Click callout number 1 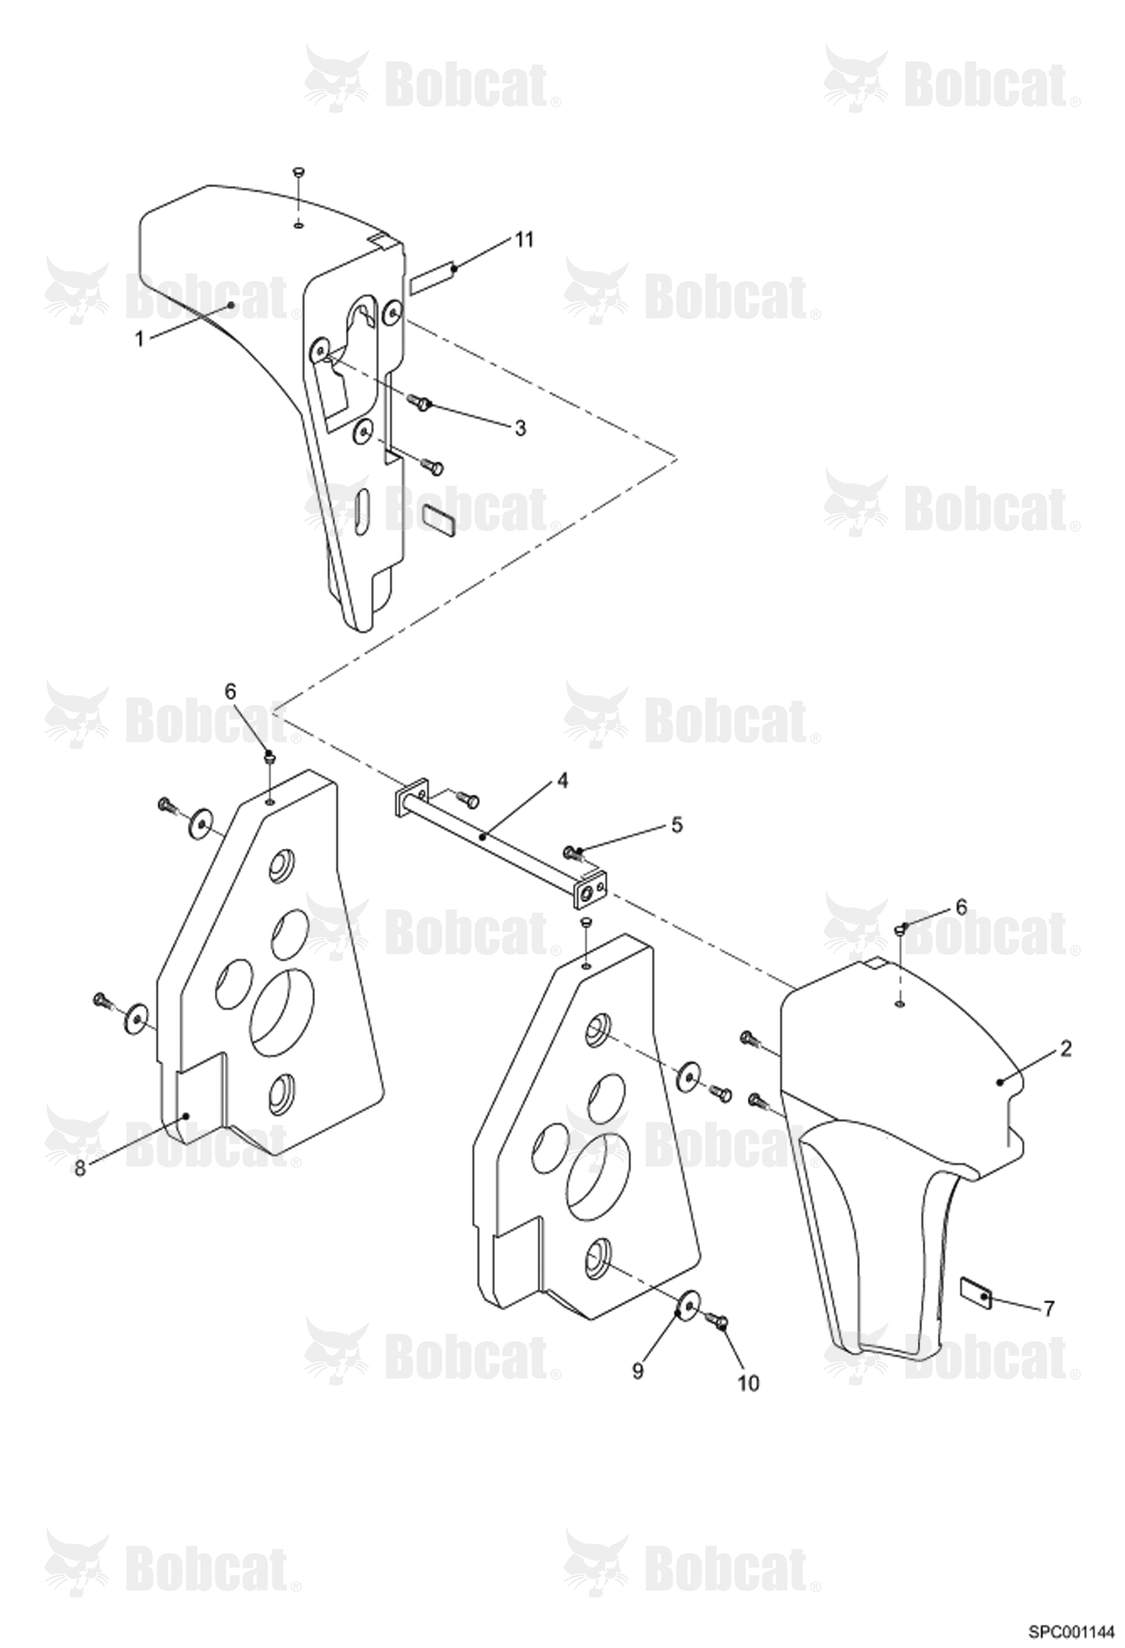click(x=139, y=339)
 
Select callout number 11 click(x=523, y=240)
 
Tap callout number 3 click(x=520, y=428)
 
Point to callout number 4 click(x=562, y=780)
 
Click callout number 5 click(x=677, y=825)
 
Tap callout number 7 click(x=1048, y=1309)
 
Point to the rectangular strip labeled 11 click(x=433, y=276)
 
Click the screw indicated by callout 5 click(x=573, y=853)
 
